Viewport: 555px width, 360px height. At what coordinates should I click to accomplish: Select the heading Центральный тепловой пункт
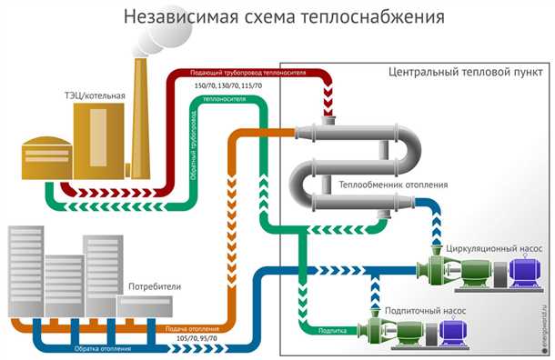click(459, 72)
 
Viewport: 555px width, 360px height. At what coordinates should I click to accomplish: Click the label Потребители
click(154, 286)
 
